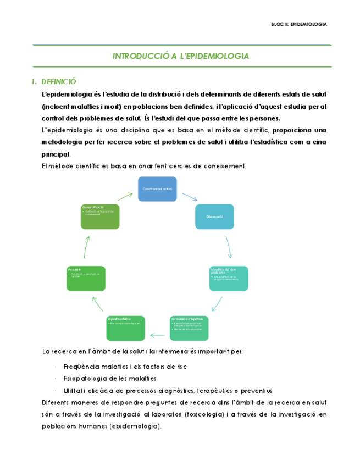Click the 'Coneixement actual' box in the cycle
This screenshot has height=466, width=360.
point(157,188)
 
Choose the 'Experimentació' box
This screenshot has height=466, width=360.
point(125,328)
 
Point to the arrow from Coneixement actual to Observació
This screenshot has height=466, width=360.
point(189,196)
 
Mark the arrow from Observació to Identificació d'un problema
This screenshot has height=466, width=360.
point(229,247)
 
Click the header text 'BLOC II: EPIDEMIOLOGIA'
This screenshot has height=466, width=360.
point(300,24)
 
